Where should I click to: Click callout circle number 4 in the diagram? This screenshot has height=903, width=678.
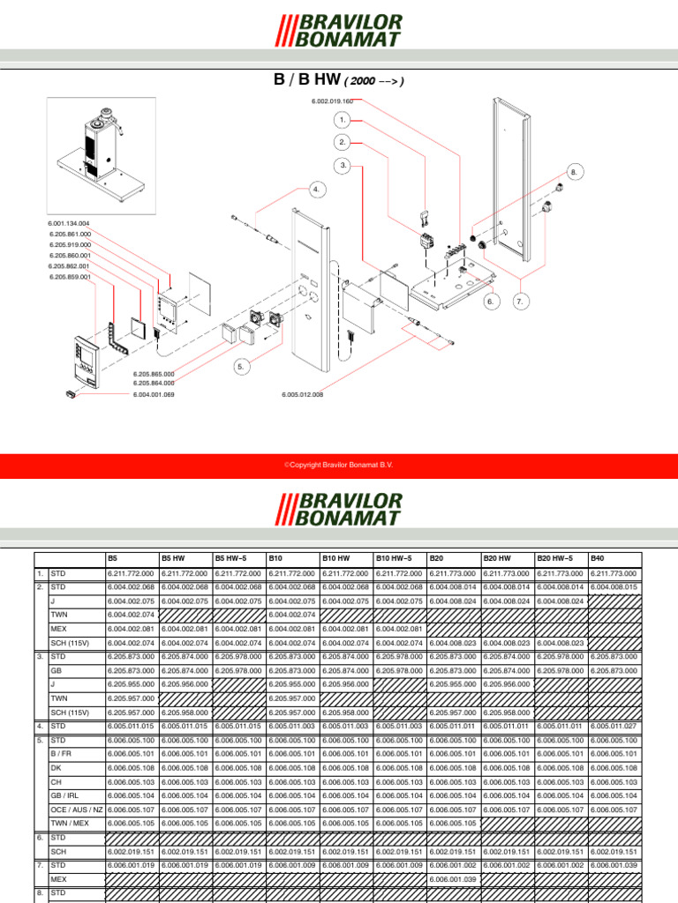(317, 189)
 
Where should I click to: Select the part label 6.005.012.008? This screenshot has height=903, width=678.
(303, 394)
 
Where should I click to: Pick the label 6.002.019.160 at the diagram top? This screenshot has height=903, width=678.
(332, 101)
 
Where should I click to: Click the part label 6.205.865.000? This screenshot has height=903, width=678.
(154, 374)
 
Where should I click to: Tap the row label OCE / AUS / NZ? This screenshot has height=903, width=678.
(77, 809)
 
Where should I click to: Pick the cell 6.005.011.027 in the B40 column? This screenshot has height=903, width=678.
(614, 726)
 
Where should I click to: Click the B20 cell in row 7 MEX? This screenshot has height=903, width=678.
(454, 878)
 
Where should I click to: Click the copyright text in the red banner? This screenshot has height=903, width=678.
(338, 463)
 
